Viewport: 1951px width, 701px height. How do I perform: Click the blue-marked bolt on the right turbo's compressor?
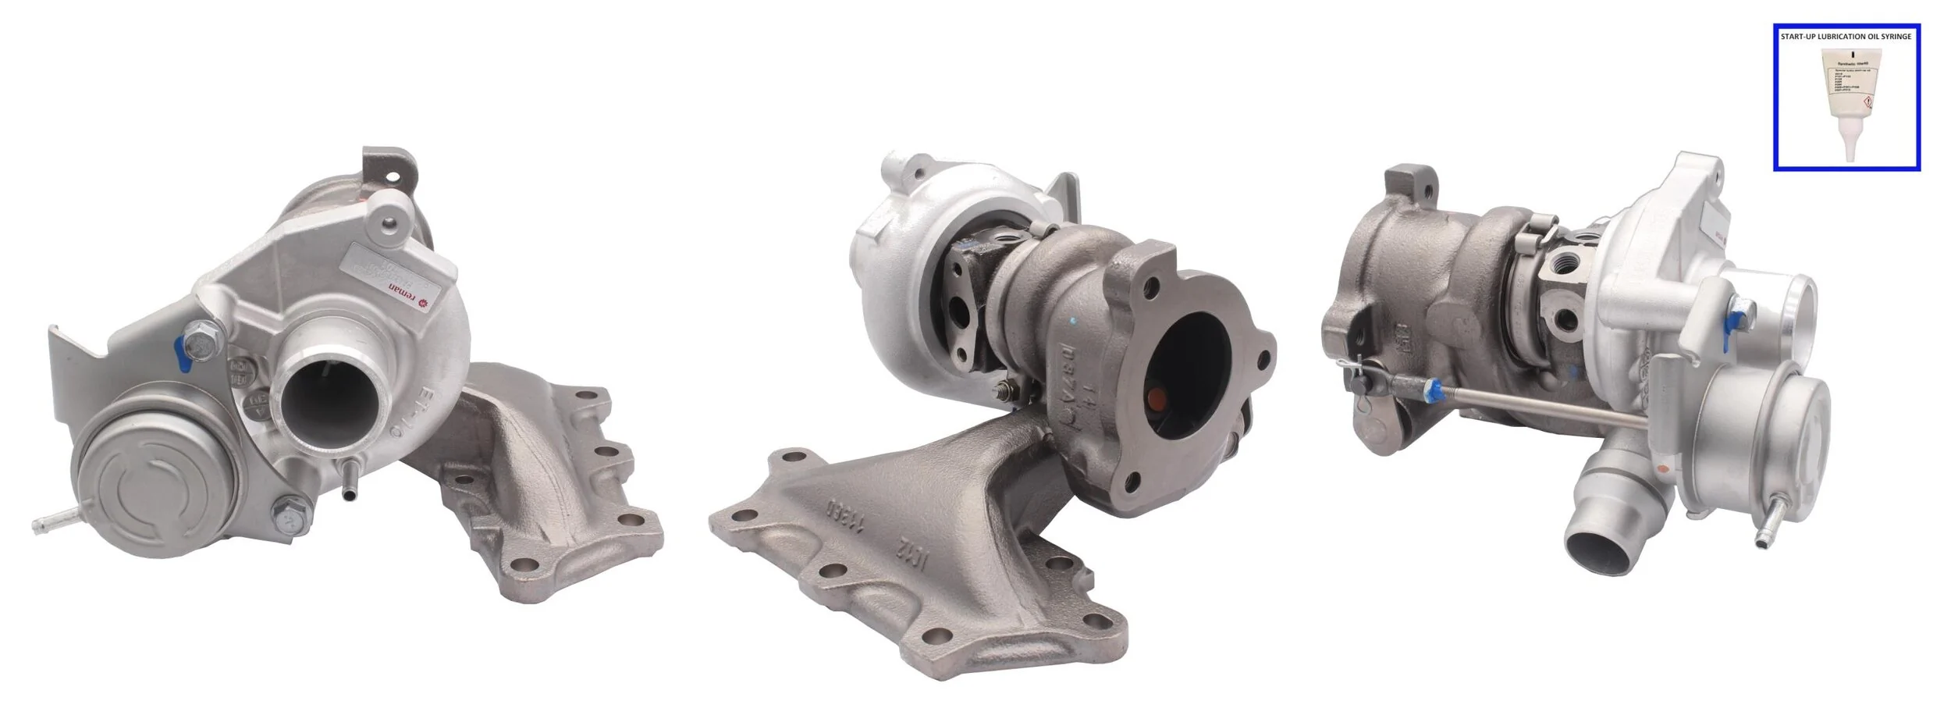[x=1739, y=318]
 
